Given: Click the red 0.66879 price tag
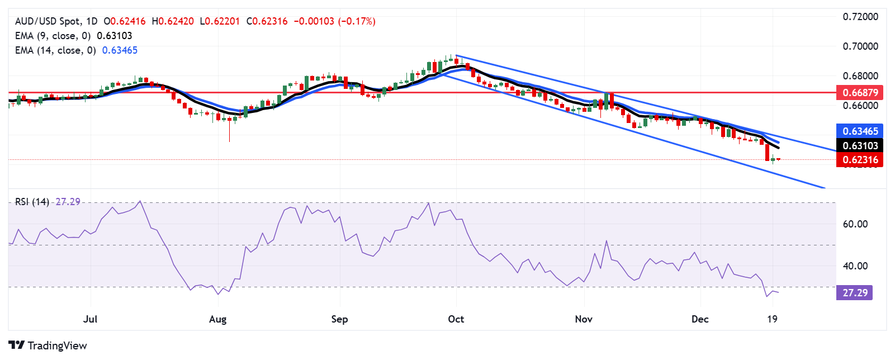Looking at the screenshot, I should tap(860, 92).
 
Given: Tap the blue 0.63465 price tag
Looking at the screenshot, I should tap(860, 131).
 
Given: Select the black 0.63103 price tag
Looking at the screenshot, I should tap(860, 145).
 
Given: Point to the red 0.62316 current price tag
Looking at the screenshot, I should tap(860, 160).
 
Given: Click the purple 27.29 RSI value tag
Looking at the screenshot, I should tap(855, 293).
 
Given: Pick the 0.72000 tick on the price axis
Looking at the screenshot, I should tap(860, 17).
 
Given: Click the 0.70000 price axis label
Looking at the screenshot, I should tap(860, 46).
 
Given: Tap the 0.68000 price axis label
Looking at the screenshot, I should tap(860, 75).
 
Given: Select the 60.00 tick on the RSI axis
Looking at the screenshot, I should tap(855, 224).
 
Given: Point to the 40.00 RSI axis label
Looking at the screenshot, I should tap(855, 266).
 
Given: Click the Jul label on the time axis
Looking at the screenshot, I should tap(90, 319).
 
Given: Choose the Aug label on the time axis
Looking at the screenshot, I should tap(217, 319).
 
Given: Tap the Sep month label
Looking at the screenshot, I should tap(339, 319).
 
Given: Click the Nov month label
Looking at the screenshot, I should tap(584, 319).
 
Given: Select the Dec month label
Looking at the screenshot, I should tap(700, 319).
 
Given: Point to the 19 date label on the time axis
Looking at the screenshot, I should tap(772, 319).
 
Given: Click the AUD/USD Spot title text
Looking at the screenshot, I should tap(48, 21).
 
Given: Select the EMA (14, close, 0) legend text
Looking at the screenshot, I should tap(55, 50).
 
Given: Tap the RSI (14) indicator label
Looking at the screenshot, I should tap(32, 202).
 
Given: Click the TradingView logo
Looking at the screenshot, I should tap(48, 345).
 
